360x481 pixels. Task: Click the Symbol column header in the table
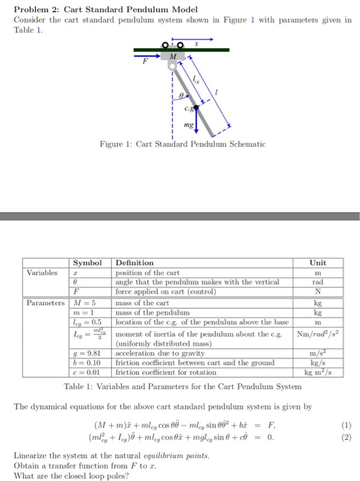pos(87,262)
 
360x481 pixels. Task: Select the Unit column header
pos(317,262)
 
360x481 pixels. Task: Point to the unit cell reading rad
pos(318,282)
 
